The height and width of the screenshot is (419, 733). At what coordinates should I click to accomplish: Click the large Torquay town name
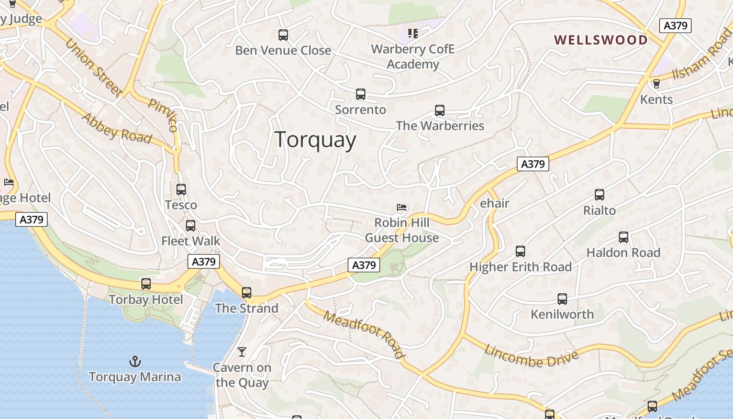(315, 140)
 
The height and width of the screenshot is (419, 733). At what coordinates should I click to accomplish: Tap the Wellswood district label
(601, 40)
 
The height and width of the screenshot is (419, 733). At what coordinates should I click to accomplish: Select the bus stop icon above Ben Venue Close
(283, 35)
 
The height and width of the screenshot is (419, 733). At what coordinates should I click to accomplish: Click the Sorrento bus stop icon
(360, 94)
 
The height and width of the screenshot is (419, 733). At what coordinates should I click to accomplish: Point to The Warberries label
(440, 126)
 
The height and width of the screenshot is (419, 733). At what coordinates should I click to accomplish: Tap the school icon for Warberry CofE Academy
(413, 34)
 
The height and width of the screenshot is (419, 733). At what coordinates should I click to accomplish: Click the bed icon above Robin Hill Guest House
(402, 207)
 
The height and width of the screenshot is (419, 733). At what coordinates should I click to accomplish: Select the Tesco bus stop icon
(181, 190)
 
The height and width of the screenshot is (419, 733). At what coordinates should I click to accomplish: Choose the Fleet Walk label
(191, 241)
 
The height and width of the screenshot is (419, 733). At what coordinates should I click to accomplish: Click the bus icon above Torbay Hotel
(146, 284)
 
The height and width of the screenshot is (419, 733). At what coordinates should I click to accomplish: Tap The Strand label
(247, 308)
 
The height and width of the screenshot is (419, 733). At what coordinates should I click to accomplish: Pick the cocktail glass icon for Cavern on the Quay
(242, 352)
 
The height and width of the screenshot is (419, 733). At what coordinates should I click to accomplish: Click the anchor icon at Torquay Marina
(135, 361)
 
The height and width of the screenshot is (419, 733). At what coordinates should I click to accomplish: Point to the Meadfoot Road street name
(364, 334)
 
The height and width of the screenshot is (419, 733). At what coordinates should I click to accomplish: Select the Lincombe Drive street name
(531, 358)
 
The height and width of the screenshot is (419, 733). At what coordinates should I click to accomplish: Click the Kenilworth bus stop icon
(562, 299)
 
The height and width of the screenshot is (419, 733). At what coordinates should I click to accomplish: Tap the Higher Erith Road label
(520, 267)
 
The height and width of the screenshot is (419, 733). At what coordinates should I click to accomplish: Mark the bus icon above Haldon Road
(623, 237)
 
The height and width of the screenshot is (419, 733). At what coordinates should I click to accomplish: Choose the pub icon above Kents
(656, 84)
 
